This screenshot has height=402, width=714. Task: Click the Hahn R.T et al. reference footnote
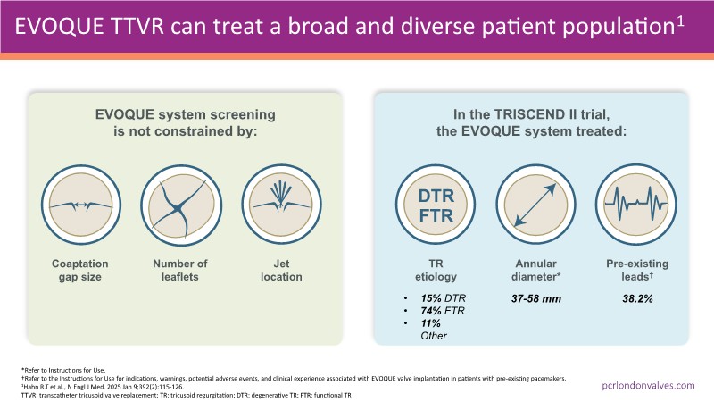[x=98, y=384]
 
